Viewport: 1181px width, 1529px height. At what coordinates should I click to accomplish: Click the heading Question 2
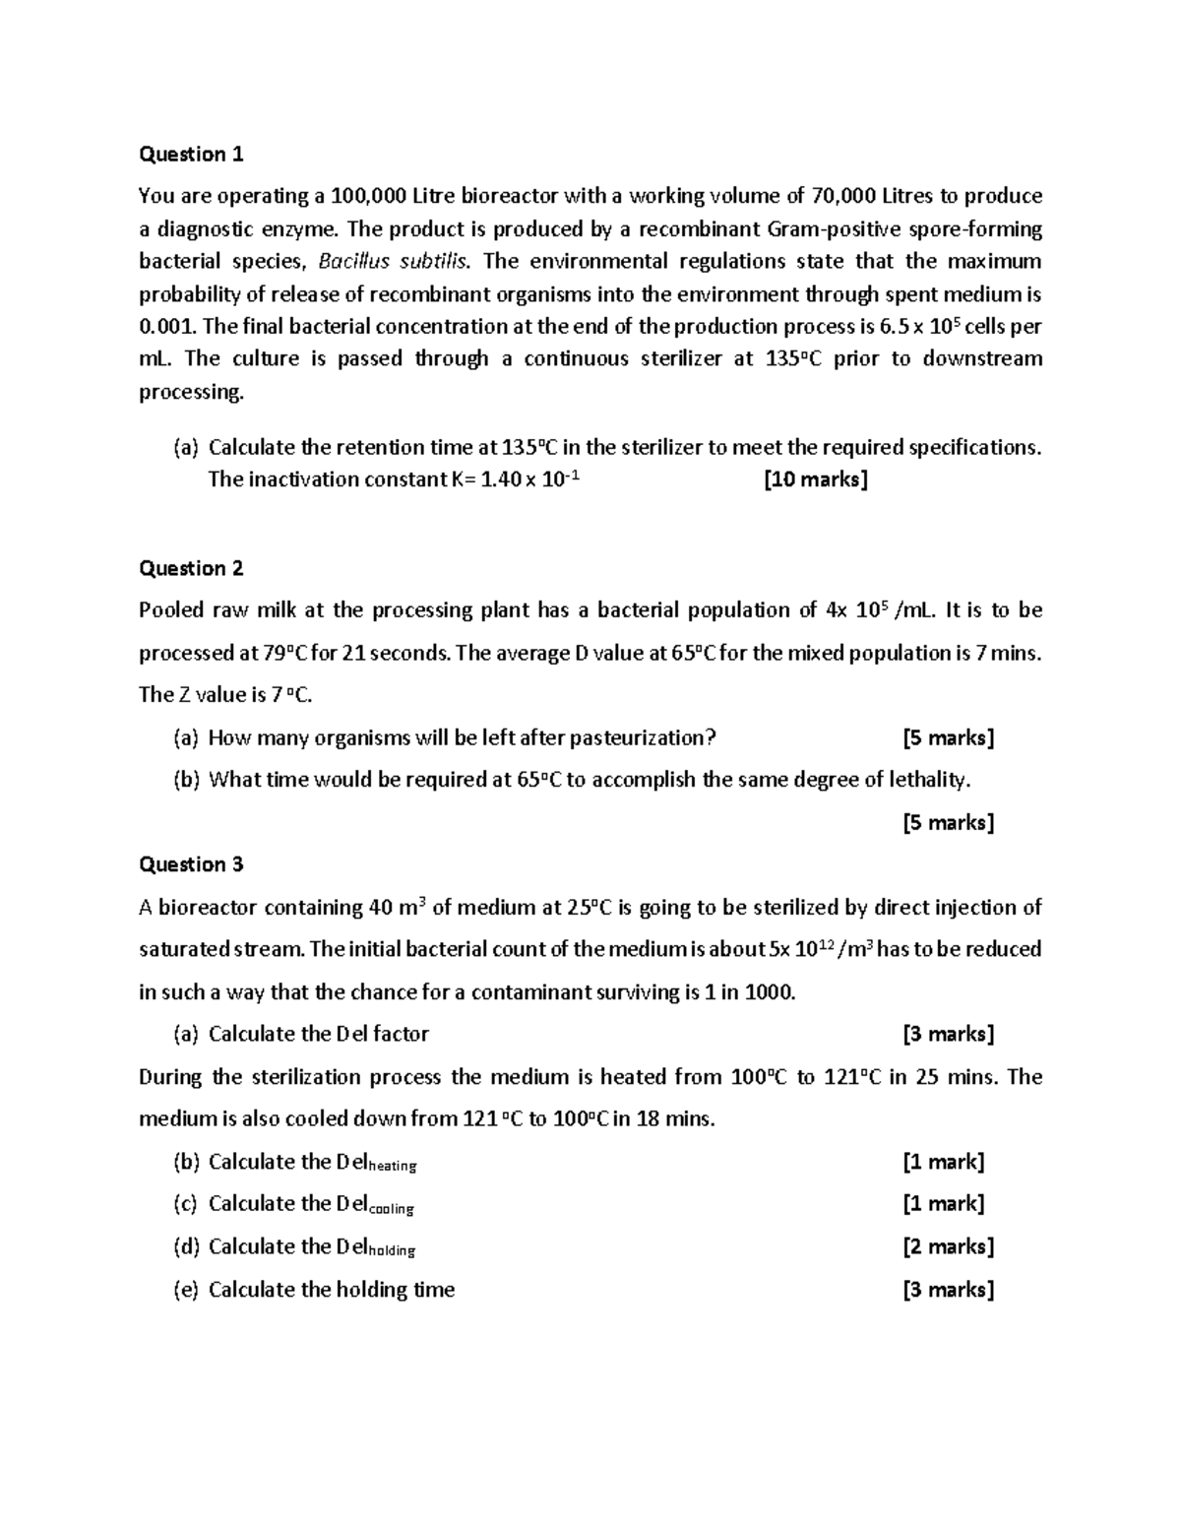pyautogui.click(x=191, y=568)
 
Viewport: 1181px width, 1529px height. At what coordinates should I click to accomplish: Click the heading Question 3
pyautogui.click(x=191, y=864)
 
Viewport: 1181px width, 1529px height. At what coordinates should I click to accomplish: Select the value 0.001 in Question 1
pyautogui.click(x=166, y=326)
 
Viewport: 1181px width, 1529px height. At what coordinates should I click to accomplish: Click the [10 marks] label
pyautogui.click(x=816, y=479)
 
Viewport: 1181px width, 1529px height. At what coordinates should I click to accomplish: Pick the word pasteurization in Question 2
pyautogui.click(x=640, y=737)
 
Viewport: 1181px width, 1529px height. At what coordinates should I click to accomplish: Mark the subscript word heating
pyautogui.click(x=392, y=1167)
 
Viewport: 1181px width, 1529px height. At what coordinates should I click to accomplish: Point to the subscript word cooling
pyautogui.click(x=391, y=1209)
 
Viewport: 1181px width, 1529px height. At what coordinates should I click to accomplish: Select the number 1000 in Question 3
pyautogui.click(x=770, y=991)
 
